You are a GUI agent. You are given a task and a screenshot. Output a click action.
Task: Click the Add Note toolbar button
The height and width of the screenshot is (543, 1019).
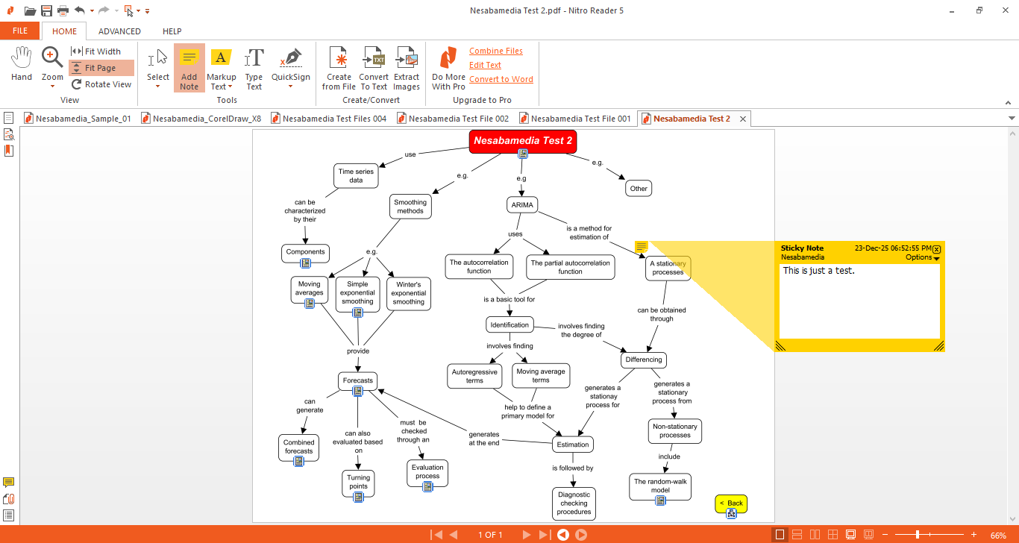tap(189, 68)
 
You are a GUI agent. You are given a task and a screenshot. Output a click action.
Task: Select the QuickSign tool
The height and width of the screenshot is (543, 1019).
tap(291, 68)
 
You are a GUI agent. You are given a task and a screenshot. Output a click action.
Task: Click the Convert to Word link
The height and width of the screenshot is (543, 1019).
tap(501, 79)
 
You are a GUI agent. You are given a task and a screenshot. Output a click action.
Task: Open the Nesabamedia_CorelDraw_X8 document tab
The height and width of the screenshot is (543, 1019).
tap(201, 119)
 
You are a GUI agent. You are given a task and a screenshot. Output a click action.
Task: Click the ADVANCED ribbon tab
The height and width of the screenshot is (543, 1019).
tap(119, 31)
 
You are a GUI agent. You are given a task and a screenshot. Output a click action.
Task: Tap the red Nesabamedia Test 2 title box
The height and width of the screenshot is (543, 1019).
tap(522, 140)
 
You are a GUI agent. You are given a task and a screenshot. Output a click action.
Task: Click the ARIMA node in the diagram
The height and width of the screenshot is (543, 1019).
tap(521, 205)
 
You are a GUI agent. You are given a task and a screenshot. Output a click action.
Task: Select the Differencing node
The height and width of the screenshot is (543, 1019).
tap(643, 360)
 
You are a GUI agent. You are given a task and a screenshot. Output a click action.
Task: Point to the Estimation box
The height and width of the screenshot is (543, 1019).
tap(573, 445)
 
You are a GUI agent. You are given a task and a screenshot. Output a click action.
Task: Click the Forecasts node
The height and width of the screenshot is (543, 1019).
tap(357, 380)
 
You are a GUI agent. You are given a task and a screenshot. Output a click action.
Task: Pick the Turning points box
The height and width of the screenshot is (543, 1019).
tap(358, 482)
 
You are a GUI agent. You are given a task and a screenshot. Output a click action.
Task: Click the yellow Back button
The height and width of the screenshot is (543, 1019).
tap(731, 503)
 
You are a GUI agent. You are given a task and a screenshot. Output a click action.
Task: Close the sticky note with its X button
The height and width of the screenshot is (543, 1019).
tap(937, 249)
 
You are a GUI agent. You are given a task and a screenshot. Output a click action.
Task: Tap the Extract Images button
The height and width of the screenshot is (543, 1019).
tap(407, 68)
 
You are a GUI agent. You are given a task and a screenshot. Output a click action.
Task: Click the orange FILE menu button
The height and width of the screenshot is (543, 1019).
tap(20, 31)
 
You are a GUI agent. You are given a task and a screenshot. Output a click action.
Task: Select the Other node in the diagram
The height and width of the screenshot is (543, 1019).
tap(639, 189)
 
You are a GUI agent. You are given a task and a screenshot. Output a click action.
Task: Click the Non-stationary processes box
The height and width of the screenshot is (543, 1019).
tap(674, 430)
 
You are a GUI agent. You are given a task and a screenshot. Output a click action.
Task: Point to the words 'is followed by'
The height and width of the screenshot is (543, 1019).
tap(572, 468)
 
